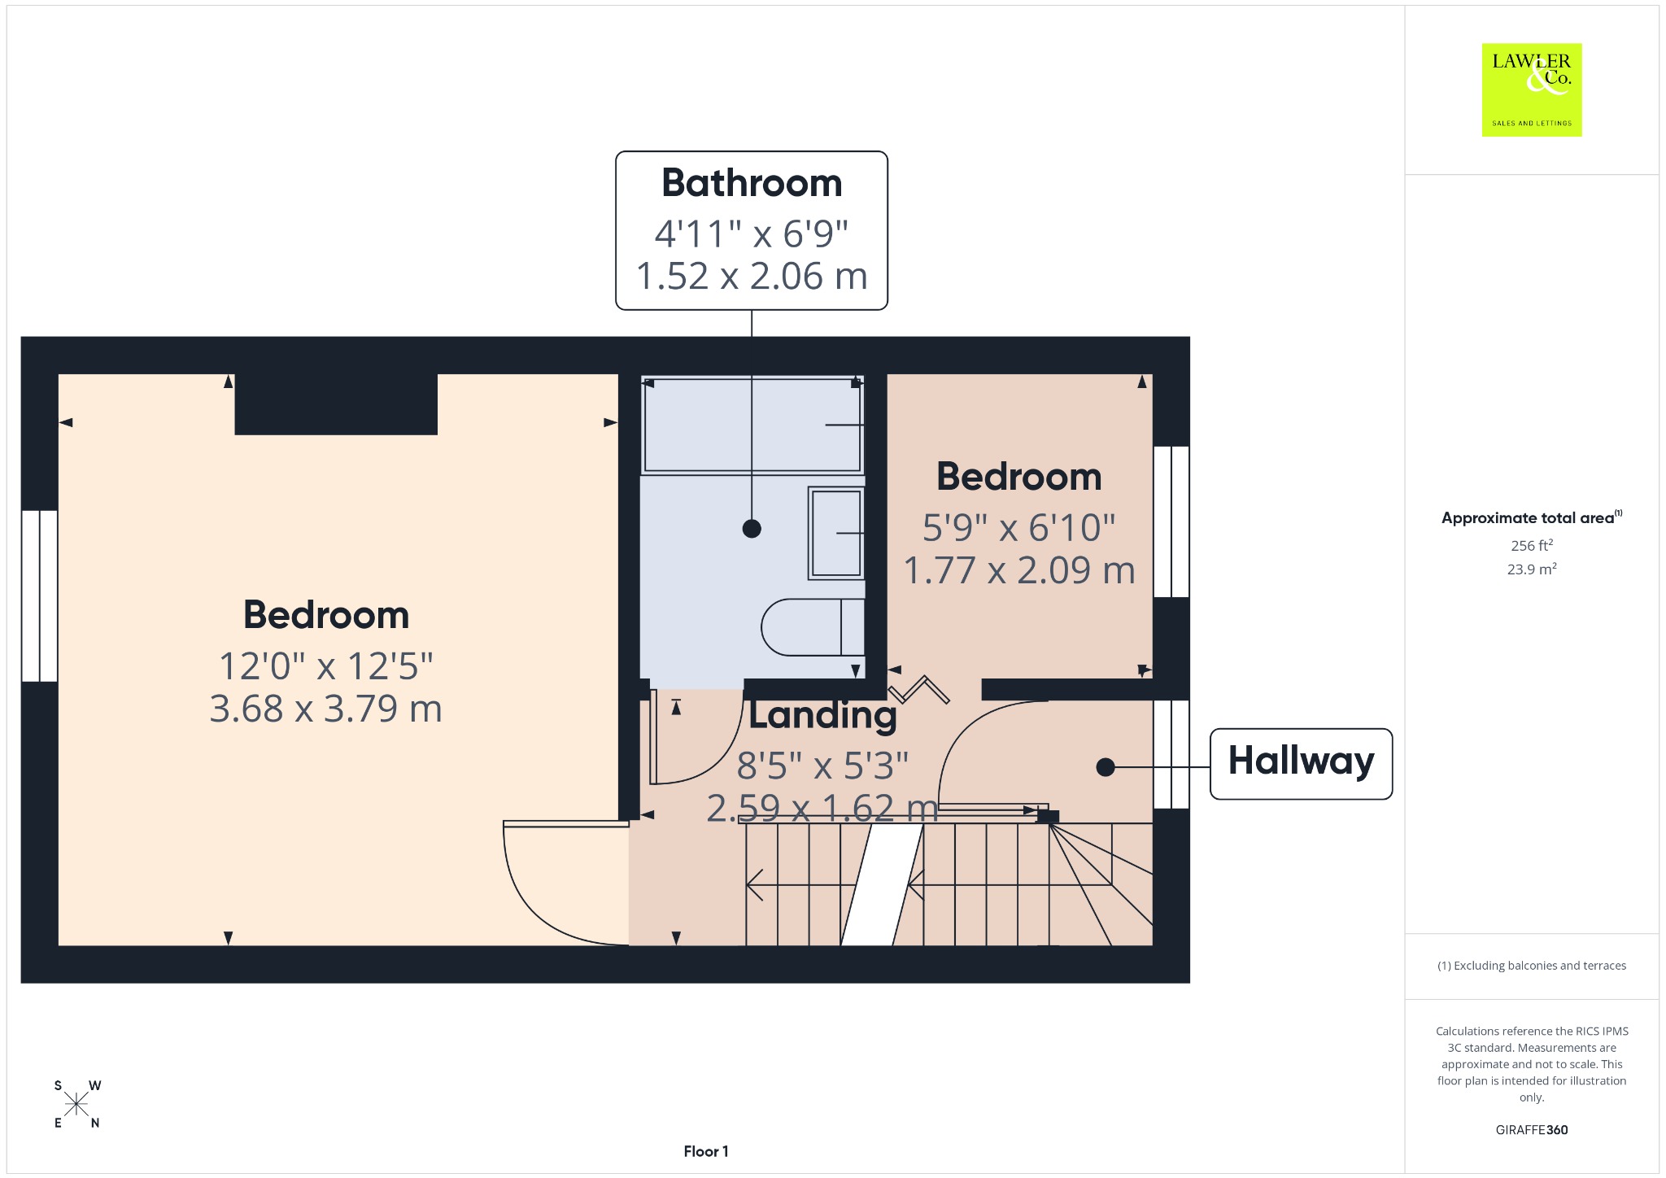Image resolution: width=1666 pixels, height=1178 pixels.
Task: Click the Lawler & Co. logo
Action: point(1531,89)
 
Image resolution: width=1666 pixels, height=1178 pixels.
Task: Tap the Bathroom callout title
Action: point(752,182)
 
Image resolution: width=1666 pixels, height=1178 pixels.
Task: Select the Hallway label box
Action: point(1301,763)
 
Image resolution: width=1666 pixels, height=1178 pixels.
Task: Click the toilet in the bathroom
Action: point(813,626)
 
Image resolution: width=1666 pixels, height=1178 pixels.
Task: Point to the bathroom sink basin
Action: point(835,533)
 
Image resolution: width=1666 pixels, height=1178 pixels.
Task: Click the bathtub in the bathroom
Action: point(752,424)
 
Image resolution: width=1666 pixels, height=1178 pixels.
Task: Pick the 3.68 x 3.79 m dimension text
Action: point(325,709)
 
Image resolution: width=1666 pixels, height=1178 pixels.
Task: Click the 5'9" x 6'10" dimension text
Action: point(1018,527)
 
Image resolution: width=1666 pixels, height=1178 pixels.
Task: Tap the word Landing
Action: point(822,714)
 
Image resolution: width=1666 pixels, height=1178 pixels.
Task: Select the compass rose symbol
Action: point(77,1104)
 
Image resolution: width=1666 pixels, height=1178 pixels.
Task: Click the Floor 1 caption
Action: point(706,1151)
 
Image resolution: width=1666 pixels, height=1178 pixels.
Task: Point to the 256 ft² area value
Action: point(1532,545)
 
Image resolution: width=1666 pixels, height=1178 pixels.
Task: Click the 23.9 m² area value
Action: point(1532,569)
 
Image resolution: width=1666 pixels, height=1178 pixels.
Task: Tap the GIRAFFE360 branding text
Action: point(1532,1129)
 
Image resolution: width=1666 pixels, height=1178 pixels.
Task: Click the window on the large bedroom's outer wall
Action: point(39,596)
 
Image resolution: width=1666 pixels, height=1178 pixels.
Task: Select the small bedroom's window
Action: point(1171,521)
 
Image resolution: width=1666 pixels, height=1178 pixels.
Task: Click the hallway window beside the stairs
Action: point(1171,754)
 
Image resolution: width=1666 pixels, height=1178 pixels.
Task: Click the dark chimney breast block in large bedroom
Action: point(336,404)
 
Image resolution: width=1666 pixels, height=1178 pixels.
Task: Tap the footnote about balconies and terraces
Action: point(1532,966)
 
